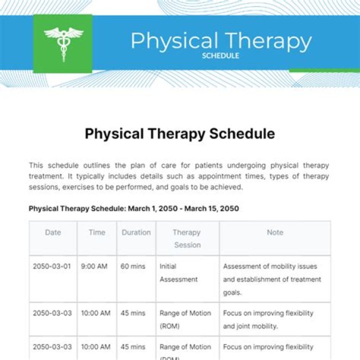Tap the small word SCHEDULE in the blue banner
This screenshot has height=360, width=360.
click(x=220, y=55)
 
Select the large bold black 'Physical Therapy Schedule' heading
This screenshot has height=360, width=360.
click(x=179, y=134)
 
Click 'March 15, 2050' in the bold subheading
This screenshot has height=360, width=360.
click(x=211, y=208)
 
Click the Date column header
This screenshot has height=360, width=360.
click(x=53, y=232)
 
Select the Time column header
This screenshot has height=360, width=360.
click(x=97, y=232)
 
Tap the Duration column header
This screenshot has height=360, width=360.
click(x=136, y=232)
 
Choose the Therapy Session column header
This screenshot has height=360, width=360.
click(x=187, y=238)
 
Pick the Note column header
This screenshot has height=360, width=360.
click(x=274, y=232)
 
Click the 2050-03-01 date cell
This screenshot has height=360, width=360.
click(x=52, y=266)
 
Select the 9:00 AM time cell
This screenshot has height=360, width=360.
click(x=94, y=266)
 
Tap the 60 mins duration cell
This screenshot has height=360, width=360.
click(x=133, y=266)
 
